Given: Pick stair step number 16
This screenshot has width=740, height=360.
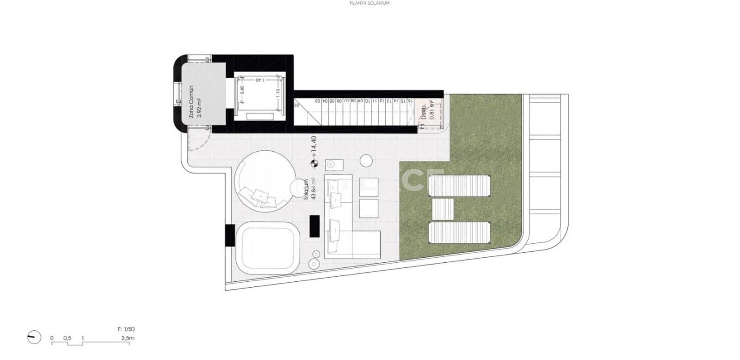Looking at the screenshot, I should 410,100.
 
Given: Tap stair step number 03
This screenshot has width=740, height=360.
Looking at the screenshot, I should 318,100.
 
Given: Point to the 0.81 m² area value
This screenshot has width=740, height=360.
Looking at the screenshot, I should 432,111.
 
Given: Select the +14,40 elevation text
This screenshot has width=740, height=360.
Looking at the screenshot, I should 314,147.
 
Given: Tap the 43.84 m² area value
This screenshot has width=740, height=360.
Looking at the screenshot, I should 314,189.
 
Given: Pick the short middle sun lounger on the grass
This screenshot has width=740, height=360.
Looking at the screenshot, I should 443,209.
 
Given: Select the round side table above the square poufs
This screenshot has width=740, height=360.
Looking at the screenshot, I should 366,161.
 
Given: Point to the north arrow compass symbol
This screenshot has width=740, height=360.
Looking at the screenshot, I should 32,337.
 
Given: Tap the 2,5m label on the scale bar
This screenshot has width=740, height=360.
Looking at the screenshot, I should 128,338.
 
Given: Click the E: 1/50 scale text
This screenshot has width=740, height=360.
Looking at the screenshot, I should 126,329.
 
